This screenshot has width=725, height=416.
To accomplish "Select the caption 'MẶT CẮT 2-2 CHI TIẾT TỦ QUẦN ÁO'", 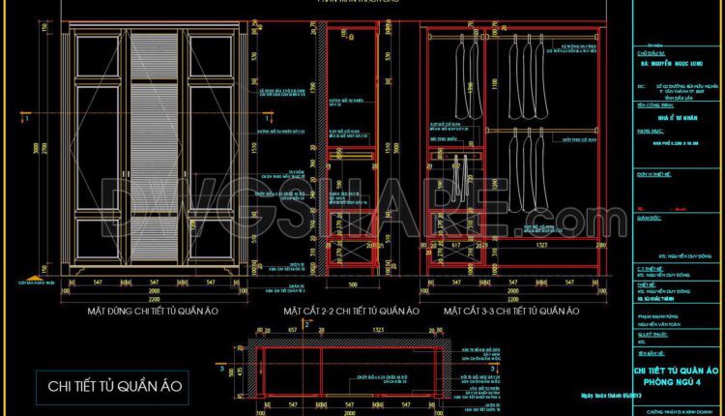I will [x=351, y=312].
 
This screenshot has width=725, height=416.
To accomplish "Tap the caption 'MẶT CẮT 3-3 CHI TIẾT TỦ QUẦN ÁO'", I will [x=511, y=312].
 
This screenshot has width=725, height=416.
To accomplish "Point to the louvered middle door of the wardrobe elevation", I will [x=156, y=145].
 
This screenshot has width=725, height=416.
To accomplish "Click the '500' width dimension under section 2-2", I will [x=353, y=286].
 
